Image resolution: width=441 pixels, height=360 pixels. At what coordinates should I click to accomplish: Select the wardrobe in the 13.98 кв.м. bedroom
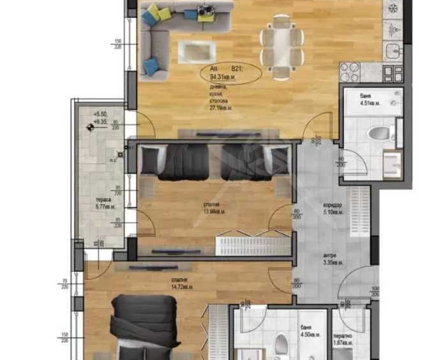243,244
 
